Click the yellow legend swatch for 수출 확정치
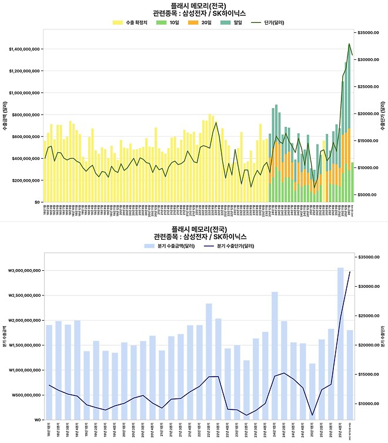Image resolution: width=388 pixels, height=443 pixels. [118, 22]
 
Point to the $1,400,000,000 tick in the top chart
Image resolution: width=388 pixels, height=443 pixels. [24, 49]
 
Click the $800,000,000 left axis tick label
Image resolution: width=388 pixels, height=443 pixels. [26, 115]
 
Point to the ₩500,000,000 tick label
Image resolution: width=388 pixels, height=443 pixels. [25, 395]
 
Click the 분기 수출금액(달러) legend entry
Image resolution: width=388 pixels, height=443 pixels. [169, 245]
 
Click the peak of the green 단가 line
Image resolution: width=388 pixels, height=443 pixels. [349, 43]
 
